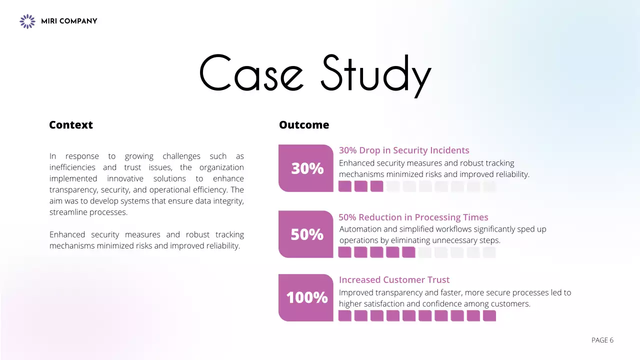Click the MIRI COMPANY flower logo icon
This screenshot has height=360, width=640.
click(x=27, y=21)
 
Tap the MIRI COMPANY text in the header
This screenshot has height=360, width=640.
click(x=69, y=21)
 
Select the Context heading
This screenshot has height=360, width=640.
click(x=71, y=125)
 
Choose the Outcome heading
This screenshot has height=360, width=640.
click(x=304, y=125)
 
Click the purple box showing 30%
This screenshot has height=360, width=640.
click(x=306, y=168)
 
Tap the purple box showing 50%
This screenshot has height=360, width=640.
click(x=306, y=234)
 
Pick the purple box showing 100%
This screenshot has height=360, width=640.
click(x=306, y=298)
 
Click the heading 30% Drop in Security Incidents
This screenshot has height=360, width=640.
click(x=404, y=150)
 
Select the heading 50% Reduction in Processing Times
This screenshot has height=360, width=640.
click(x=413, y=217)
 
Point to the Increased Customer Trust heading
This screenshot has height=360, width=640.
click(x=394, y=280)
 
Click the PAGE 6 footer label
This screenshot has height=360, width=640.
click(x=602, y=340)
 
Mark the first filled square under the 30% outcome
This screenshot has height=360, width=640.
click(x=345, y=186)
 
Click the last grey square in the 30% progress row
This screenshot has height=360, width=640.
click(x=489, y=186)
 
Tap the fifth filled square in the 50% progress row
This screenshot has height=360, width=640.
click(x=408, y=252)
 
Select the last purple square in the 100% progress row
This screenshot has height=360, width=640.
click(x=489, y=316)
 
